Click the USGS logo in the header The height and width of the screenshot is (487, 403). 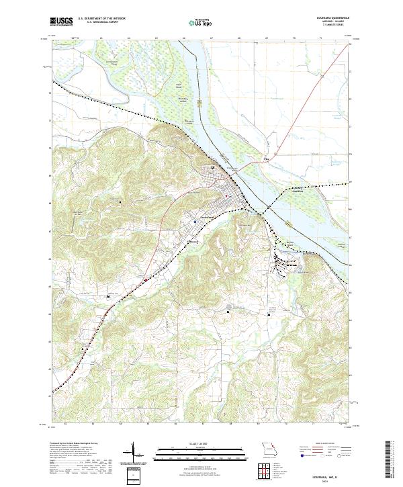tap(60, 21)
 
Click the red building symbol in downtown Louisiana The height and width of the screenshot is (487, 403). tap(226, 196)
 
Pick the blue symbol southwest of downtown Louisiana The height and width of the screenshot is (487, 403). tap(195, 220)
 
